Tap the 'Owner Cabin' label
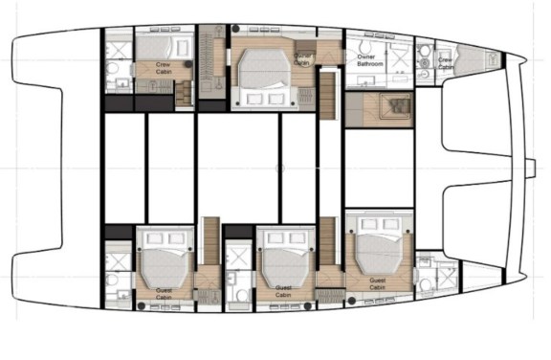coord(303,60)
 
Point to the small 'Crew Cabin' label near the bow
coord(446,63)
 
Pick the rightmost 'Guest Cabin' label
coord(378,284)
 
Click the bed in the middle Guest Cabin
coord(285,263)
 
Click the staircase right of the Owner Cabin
coord(328,97)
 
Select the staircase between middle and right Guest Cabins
coord(329,245)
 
